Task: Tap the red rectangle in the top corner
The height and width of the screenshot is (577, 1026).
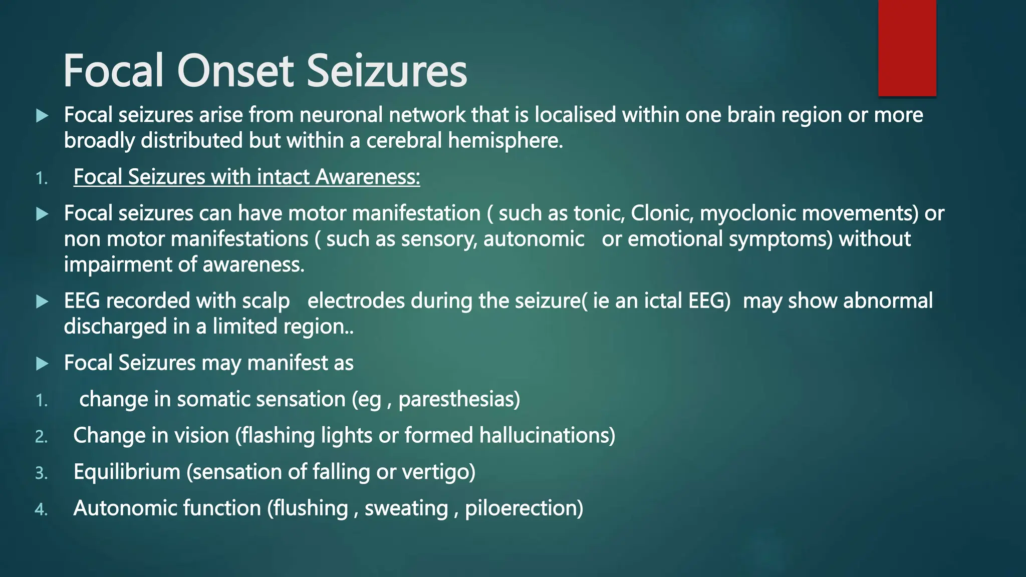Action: tap(907, 48)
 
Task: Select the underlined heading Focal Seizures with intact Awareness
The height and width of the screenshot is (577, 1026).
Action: tap(246, 177)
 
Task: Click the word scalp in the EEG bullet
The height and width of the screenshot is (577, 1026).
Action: tap(266, 302)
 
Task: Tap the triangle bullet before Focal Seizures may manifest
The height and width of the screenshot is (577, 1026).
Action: tap(43, 364)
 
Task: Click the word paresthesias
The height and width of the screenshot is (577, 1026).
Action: tap(459, 400)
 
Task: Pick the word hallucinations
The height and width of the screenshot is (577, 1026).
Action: tap(547, 436)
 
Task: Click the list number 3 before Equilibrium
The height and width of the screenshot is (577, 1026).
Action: tap(41, 473)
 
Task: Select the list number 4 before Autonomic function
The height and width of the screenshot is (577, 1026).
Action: tap(41, 510)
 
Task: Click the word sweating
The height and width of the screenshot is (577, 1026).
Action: tap(406, 509)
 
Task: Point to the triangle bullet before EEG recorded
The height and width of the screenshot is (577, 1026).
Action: tap(43, 302)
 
